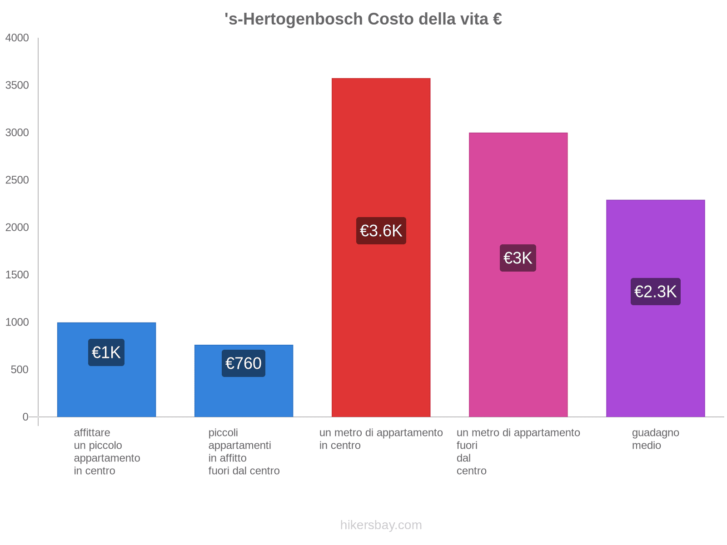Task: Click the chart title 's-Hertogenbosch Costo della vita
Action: coord(363,19)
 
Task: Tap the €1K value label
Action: coord(106,352)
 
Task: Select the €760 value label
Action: coord(244,363)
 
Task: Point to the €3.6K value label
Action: coord(381,231)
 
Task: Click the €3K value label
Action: coord(518,258)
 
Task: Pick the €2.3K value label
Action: coord(655,292)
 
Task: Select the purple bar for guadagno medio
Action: coord(655,363)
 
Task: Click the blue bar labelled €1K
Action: coord(106,391)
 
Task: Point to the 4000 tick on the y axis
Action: coord(17,38)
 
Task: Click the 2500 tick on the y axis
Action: coord(17,180)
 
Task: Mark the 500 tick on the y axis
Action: coord(20,370)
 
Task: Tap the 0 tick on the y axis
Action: coord(25,417)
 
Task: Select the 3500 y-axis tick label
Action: coord(17,85)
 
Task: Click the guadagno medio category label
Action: coord(655,439)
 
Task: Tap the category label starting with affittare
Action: coord(107,451)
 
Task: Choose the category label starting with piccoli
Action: coord(244,451)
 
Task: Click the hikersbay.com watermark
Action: coord(381,525)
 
